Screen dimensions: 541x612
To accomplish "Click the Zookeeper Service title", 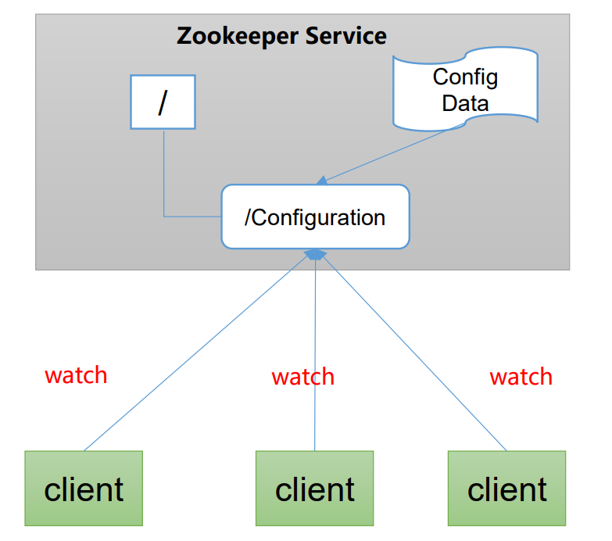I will (281, 36).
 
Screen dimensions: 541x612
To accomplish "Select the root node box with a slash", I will (163, 102).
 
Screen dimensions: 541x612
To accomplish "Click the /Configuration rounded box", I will (315, 217).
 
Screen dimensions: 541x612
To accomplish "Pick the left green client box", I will (84, 488).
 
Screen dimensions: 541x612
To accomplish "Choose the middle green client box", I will (314, 488).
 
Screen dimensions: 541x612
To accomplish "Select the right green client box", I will (506, 488).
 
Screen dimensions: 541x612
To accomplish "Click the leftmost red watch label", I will (76, 375).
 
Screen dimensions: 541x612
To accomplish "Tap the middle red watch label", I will (302, 377).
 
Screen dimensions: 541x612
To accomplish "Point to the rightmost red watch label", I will (521, 377).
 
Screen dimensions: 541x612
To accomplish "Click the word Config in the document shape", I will (465, 77).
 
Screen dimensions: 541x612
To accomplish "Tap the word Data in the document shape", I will (465, 103).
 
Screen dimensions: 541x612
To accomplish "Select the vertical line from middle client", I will (315, 352).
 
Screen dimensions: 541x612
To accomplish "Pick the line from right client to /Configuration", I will (414, 352).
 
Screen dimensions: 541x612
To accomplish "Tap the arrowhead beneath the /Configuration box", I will (314, 254).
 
